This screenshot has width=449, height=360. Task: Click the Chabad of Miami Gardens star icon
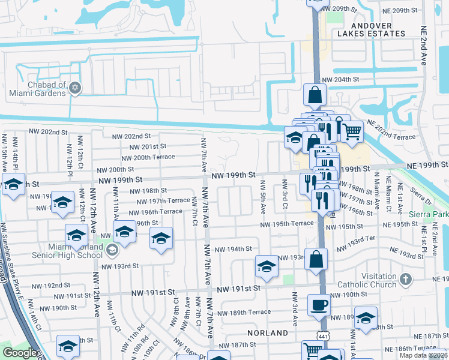pos(75,88)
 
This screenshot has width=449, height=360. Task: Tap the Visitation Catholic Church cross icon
pos(406,280)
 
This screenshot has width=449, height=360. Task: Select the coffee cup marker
pos(319,305)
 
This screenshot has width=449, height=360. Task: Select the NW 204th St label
pos(340,79)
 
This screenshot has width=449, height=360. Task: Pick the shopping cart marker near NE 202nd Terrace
pos(352,131)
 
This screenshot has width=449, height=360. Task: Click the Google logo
pos(19,353)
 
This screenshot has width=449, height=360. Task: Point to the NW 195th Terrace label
pos(286,224)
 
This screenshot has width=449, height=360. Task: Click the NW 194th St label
pos(233,249)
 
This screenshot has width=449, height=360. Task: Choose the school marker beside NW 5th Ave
pos(267,268)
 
